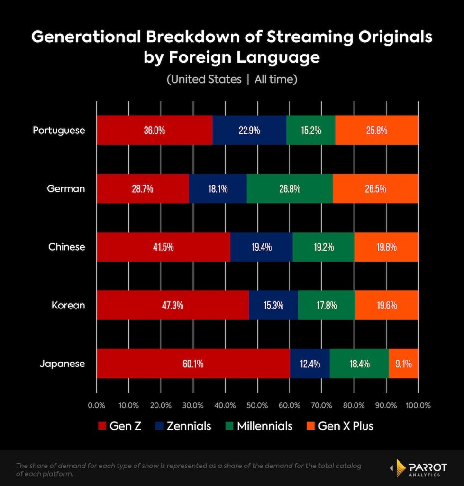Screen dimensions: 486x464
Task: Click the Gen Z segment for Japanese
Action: pyautogui.click(x=193, y=364)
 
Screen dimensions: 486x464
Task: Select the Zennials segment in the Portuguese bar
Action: pyautogui.click(x=249, y=130)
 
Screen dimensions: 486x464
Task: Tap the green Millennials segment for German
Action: pyautogui.click(x=290, y=188)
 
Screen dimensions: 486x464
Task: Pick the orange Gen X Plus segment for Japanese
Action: pyautogui.click(x=403, y=364)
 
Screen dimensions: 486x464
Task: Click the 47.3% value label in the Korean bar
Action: pyautogui.click(x=173, y=305)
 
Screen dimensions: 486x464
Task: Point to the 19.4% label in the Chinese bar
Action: pyautogui.click(x=261, y=247)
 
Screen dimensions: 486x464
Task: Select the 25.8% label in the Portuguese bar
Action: pyautogui.click(x=376, y=130)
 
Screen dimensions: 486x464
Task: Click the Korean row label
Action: pyautogui.click(x=68, y=305)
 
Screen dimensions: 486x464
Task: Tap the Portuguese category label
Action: pyautogui.click(x=59, y=130)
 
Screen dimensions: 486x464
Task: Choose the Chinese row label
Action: pyautogui.click(x=67, y=247)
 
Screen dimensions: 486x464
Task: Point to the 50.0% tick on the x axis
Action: pyautogui.click(x=257, y=405)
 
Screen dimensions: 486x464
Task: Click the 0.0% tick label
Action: pyautogui.click(x=97, y=405)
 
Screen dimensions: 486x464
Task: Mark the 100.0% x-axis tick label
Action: pyautogui.click(x=418, y=405)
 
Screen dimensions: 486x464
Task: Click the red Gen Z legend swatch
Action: pyautogui.click(x=101, y=426)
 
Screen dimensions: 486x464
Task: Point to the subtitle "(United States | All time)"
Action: pyautogui.click(x=232, y=79)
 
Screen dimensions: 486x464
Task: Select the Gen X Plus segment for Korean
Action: pyautogui.click(x=386, y=305)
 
